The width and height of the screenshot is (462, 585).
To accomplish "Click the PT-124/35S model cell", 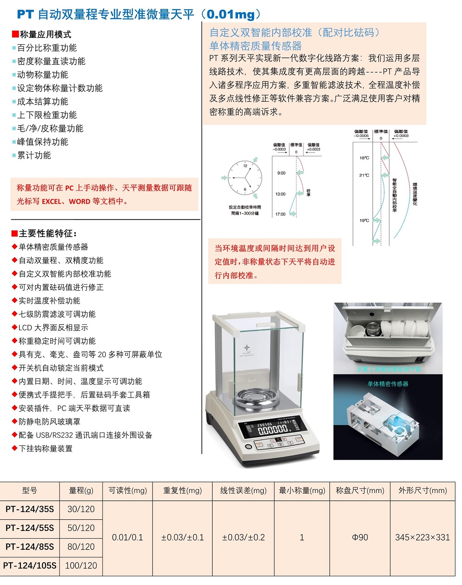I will pyautogui.click(x=30, y=509).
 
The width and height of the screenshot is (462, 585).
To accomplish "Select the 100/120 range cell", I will pyautogui.click(x=81, y=566).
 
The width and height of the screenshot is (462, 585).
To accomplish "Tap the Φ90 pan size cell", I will pyautogui.click(x=360, y=537).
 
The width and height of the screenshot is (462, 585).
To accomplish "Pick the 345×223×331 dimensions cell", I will pyautogui.click(x=422, y=537).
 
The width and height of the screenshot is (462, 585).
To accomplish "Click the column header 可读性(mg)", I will pyautogui.click(x=128, y=491).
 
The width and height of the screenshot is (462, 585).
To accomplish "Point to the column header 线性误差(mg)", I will pyautogui.click(x=243, y=491).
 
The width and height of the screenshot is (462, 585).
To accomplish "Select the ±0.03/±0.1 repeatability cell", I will pyautogui.click(x=182, y=537).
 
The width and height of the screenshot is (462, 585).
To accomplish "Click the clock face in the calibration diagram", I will pyautogui.click(x=245, y=177).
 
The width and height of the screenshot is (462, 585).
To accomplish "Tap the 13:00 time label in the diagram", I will pyautogui.click(x=281, y=194).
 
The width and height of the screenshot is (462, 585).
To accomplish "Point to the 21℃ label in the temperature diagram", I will pyautogui.click(x=364, y=176).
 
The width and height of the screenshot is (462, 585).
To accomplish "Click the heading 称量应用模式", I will pyautogui.click(x=45, y=35).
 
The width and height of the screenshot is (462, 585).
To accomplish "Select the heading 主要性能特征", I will pyautogui.click(x=48, y=234).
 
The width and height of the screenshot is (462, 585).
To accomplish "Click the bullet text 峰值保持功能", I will pyautogui.click(x=43, y=142).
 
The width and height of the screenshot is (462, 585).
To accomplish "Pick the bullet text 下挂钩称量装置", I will pyautogui.click(x=45, y=449).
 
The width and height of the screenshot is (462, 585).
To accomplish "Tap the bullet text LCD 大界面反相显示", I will pyautogui.click(x=53, y=328).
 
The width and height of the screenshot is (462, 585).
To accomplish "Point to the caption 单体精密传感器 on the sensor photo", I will pyautogui.click(x=388, y=384).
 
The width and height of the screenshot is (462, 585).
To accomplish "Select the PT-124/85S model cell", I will pyautogui.click(x=30, y=547).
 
